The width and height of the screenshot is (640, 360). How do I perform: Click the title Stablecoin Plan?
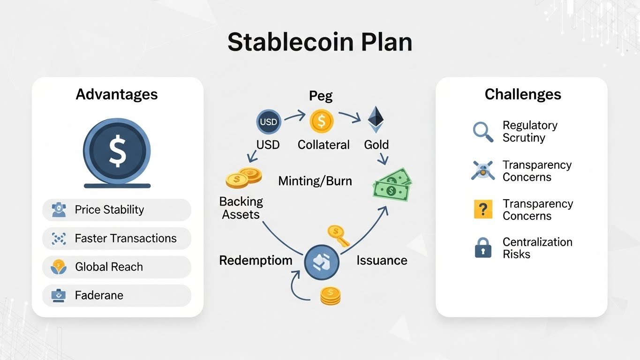tap(320, 42)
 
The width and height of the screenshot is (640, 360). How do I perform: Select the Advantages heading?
tap(117, 94)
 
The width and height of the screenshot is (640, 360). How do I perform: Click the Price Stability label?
tap(109, 210)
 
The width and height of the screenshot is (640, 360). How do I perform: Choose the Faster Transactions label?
tap(126, 238)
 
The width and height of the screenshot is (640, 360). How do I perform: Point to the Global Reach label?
tap(109, 267)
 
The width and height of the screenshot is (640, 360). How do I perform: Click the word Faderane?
tap(99, 295)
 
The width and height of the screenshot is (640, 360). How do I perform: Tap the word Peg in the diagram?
tap(321, 96)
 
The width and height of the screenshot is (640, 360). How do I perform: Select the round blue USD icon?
tap(268, 122)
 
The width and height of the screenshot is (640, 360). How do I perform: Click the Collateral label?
tap(324, 145)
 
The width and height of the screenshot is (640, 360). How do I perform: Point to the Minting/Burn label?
tap(315, 180)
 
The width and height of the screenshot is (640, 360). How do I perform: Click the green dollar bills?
tap(391, 185)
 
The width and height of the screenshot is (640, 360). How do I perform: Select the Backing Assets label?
tap(241, 208)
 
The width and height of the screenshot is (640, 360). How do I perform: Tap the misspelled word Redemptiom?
tap(256, 260)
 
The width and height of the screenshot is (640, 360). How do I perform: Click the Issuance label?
tap(382, 260)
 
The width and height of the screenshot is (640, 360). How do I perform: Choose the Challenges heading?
tap(523, 94)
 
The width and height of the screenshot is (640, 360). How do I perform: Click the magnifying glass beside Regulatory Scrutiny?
tap(483, 132)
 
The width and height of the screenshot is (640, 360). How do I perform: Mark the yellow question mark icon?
tap(483, 210)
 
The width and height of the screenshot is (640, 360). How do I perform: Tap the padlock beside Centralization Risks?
tap(483, 248)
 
